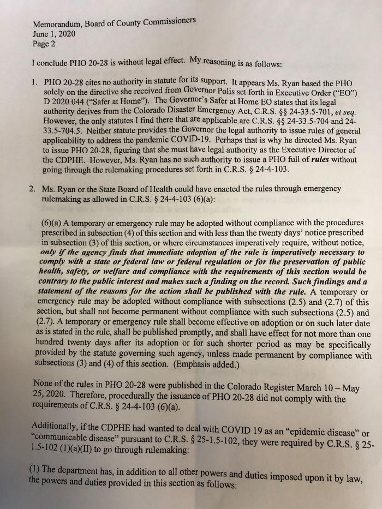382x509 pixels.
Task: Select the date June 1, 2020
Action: click(x=54, y=34)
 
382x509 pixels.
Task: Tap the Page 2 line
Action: click(x=45, y=44)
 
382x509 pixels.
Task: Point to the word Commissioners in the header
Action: click(x=169, y=21)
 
